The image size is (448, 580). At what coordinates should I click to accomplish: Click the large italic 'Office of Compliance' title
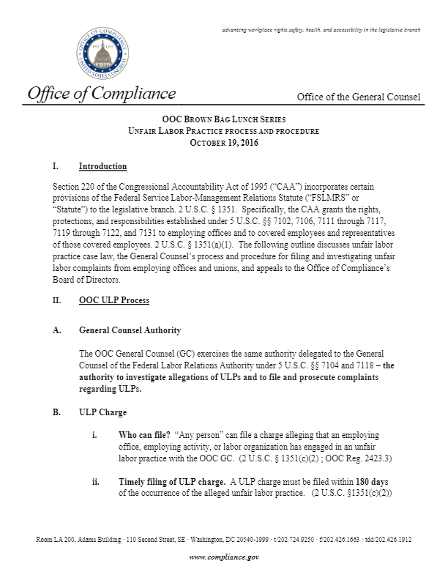[x=102, y=94]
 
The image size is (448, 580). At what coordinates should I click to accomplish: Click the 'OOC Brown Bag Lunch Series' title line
[x=225, y=119]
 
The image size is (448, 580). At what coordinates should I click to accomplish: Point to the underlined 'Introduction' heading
[x=102, y=166]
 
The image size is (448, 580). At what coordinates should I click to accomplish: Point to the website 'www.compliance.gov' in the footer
[x=224, y=557]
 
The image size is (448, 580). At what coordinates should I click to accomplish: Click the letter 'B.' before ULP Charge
[x=57, y=413]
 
